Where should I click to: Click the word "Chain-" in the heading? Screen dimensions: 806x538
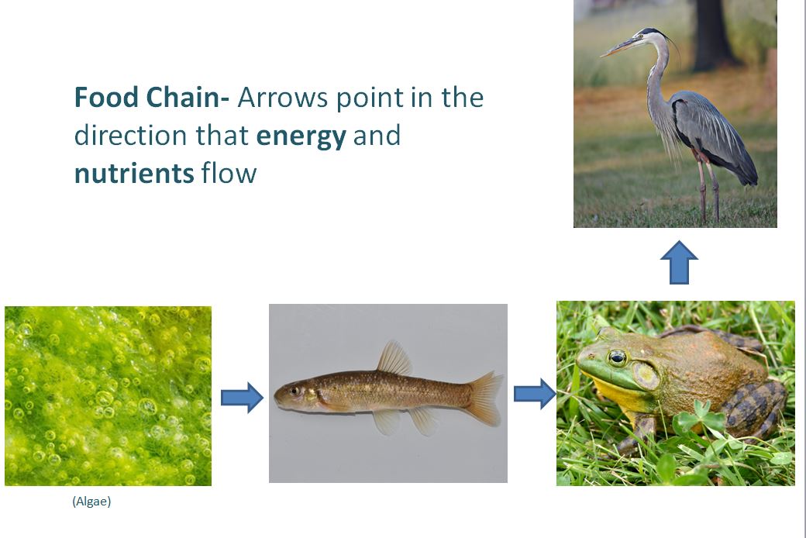pos(188,97)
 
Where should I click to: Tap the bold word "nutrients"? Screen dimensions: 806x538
pos(134,174)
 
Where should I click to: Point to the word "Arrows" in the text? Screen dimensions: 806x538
pos(282,97)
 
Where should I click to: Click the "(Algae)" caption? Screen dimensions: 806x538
pos(91,501)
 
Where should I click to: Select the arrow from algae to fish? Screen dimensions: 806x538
pos(242,397)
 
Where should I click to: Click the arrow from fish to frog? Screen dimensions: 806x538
pos(535,394)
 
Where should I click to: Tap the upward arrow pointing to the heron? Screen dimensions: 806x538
pos(679,262)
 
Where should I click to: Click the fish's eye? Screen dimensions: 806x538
pos(294,391)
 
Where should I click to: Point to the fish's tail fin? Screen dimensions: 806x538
pos(484,398)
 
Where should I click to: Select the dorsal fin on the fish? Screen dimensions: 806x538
pos(394,357)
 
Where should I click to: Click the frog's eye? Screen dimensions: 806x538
pos(617,357)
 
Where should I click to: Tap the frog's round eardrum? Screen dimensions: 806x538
pos(646,375)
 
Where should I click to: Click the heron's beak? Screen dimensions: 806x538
pos(619,47)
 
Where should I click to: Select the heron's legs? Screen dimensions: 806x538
pos(708,187)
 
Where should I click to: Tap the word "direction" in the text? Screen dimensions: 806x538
pos(130,135)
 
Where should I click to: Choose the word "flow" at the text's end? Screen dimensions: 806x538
pos(229,173)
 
